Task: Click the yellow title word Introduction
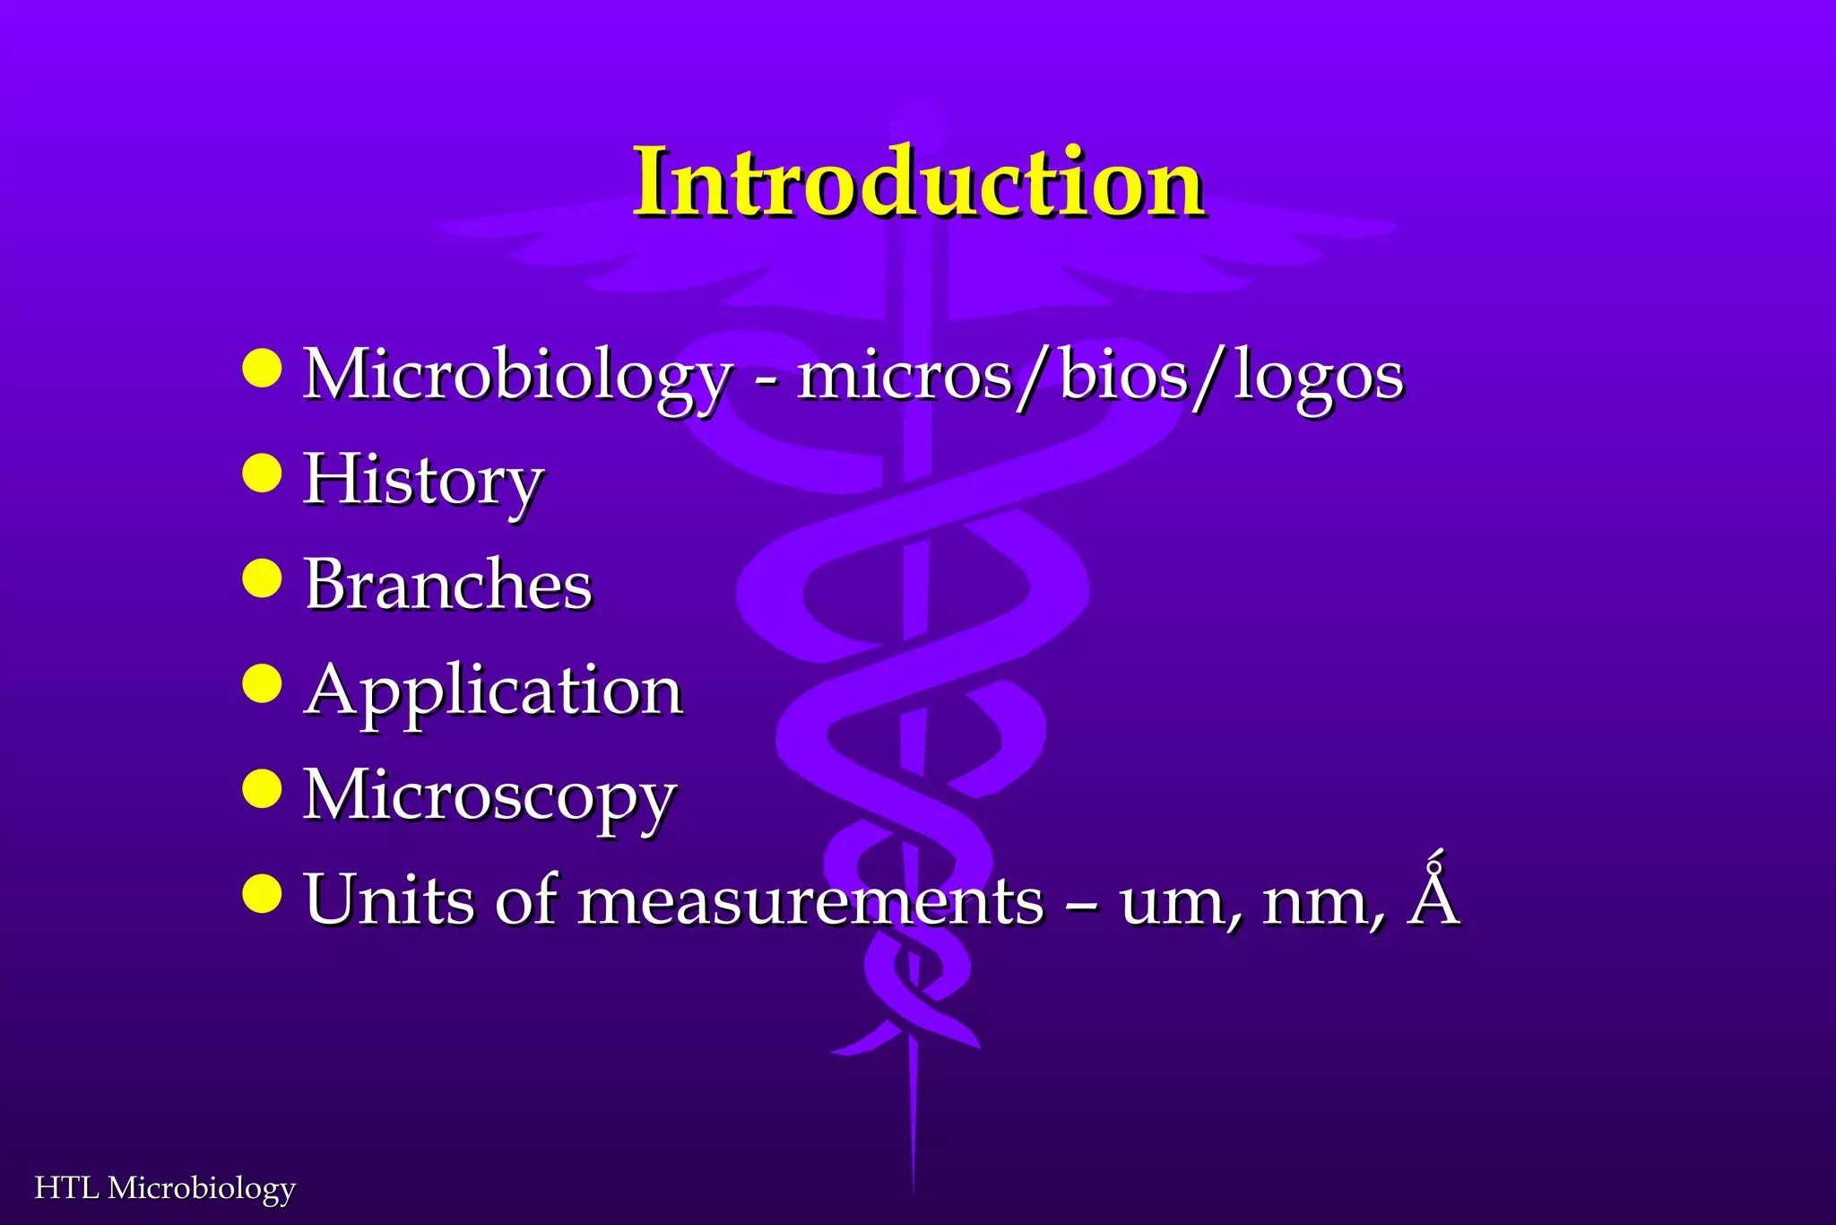pos(918,183)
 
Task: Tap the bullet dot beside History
pos(262,473)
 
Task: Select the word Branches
pos(448,585)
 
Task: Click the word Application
pos(494,691)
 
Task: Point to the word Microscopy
pos(489,796)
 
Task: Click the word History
pos(423,481)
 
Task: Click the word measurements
pos(810,901)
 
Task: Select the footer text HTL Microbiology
pos(165,1188)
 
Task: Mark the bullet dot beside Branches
pos(262,578)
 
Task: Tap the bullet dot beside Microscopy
pos(262,789)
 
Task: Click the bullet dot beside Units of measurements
pos(262,894)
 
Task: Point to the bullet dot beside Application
pos(262,683)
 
